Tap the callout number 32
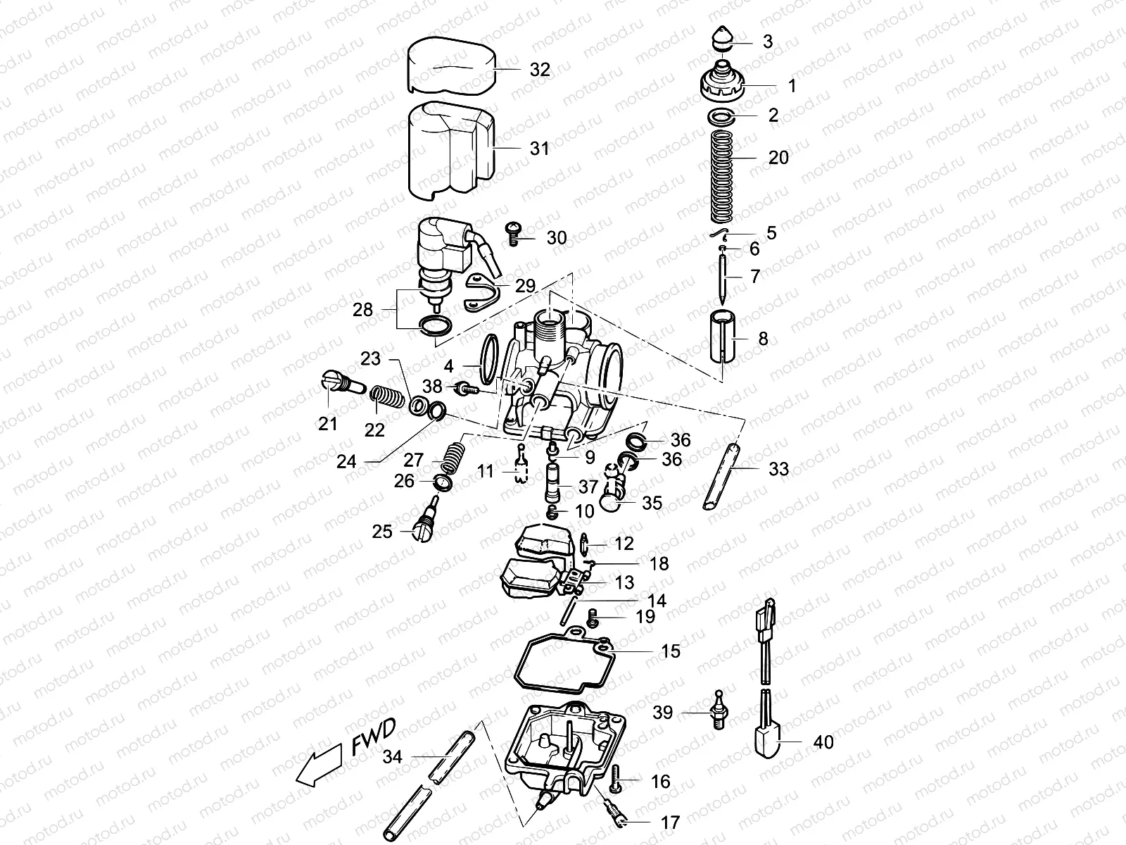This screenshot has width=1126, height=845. pyautogui.click(x=540, y=70)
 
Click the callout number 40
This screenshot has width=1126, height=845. pyautogui.click(x=823, y=742)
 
